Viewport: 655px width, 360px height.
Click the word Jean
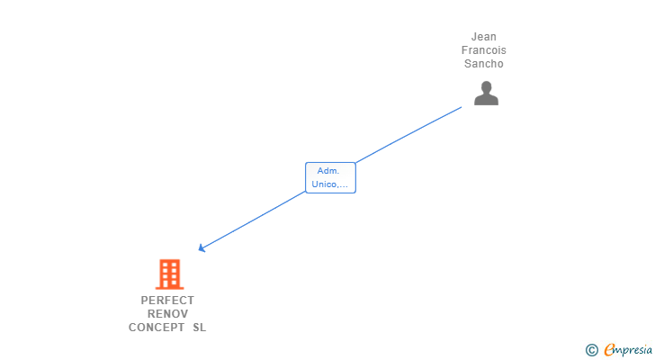tap(483, 37)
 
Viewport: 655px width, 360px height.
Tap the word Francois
tap(483, 50)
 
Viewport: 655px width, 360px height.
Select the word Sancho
tap(483, 64)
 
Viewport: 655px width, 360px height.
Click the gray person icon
tap(486, 93)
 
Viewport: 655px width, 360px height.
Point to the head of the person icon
tap(486, 86)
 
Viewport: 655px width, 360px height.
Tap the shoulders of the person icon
tap(486, 100)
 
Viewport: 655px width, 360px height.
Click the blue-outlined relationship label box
tap(330, 177)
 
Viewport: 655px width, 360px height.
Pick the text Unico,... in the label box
tap(330, 184)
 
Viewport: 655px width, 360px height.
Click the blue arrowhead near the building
tap(202, 247)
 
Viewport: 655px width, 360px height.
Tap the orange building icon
tap(168, 274)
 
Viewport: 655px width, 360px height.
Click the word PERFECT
tap(167, 301)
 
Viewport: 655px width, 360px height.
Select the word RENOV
tap(167, 314)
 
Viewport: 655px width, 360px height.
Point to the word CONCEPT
tap(157, 328)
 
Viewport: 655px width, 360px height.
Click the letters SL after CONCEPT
tap(199, 328)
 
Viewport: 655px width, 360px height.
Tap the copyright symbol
tap(591, 350)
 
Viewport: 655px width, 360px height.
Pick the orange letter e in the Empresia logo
tap(609, 350)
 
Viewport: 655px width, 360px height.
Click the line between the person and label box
tap(409, 134)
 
